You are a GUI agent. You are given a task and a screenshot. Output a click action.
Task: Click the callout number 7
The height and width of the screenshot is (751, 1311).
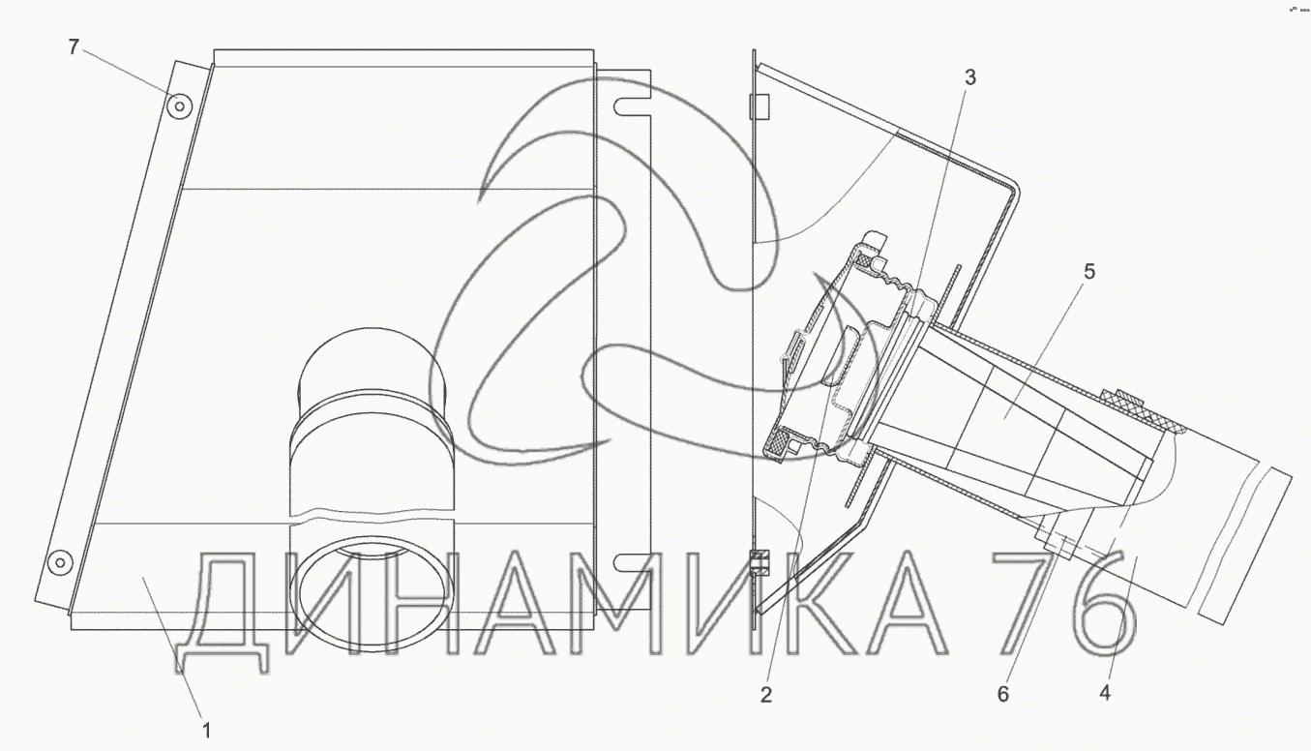74,46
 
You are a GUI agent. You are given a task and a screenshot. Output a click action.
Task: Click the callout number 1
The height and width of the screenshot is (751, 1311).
206,731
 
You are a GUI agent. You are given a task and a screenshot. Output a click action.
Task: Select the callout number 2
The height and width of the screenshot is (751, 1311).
766,695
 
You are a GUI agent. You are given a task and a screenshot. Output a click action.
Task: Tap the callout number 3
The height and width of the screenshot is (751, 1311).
969,77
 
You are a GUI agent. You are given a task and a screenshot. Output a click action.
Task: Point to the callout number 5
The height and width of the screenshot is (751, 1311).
1089,272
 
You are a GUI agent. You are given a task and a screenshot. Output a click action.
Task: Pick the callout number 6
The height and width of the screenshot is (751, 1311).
1003,694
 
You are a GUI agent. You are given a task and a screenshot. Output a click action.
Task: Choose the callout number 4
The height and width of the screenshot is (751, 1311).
1105,694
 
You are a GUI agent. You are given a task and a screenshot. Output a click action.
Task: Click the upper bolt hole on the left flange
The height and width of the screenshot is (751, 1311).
180,106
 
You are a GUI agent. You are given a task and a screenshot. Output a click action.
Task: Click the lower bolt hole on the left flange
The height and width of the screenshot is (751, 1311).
60,563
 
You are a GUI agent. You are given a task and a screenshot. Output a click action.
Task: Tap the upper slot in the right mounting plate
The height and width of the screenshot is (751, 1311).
632,106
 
